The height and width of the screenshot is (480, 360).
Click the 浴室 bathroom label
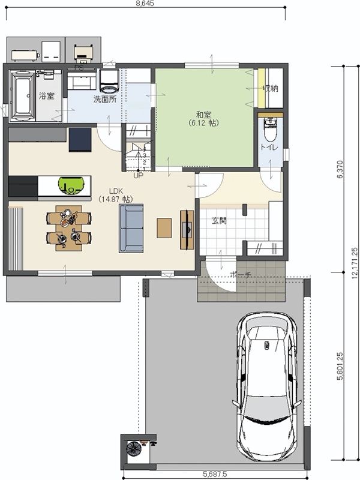(x=47, y=96)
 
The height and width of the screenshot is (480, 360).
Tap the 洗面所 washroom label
(x=105, y=99)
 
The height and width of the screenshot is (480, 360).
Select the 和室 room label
(x=203, y=115)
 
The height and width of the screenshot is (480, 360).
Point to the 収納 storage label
(x=271, y=88)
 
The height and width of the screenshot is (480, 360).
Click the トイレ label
(x=269, y=147)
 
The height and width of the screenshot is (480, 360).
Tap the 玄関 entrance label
(x=219, y=220)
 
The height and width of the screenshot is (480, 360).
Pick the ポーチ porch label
(x=241, y=275)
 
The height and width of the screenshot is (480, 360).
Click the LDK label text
(x=116, y=191)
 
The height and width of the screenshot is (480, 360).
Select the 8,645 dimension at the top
(x=145, y=4)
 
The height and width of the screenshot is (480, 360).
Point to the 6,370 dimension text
(x=340, y=170)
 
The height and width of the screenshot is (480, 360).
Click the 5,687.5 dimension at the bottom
(x=215, y=475)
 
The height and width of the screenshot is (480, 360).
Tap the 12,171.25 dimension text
(x=355, y=263)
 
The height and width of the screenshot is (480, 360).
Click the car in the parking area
(x=267, y=387)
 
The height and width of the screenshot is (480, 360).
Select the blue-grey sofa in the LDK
(x=131, y=229)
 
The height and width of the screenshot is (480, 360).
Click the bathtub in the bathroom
(x=23, y=95)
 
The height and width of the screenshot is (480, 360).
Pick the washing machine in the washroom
(x=109, y=80)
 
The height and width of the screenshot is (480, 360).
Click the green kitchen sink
(x=71, y=185)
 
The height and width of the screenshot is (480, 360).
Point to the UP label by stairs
(x=139, y=176)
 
